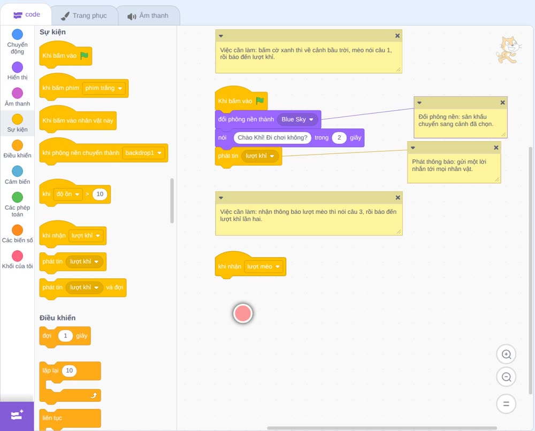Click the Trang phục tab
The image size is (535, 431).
(x=84, y=16)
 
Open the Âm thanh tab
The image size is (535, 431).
(x=148, y=16)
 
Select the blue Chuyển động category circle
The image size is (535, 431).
(x=18, y=34)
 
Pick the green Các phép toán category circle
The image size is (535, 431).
(x=18, y=197)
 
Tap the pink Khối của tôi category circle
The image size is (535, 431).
(x=18, y=256)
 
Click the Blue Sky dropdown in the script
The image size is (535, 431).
(x=297, y=119)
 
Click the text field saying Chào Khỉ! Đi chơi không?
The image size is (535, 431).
(x=272, y=138)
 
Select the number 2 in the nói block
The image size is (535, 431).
(x=339, y=138)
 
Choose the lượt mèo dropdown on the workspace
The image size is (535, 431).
(x=264, y=267)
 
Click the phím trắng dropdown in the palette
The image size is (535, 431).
(x=104, y=88)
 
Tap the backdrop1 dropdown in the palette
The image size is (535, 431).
(x=143, y=153)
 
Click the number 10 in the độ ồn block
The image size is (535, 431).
(x=100, y=194)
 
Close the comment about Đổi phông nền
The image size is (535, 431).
(x=502, y=103)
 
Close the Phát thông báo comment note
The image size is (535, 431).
(x=496, y=148)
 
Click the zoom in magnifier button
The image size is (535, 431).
(x=506, y=355)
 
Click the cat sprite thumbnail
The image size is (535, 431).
(x=509, y=50)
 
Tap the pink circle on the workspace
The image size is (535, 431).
(x=243, y=313)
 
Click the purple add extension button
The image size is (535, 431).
(x=17, y=416)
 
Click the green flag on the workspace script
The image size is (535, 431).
(x=260, y=101)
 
